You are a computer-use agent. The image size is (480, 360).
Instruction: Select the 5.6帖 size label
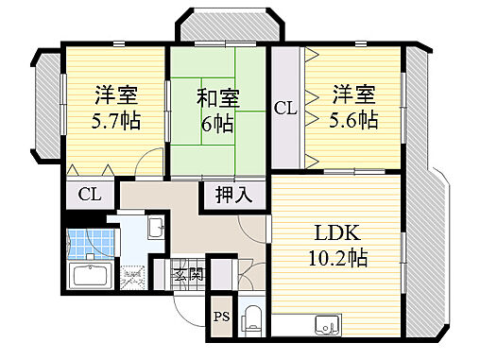coord(353,120)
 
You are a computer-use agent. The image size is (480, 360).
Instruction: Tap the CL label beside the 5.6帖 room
coord(285,110)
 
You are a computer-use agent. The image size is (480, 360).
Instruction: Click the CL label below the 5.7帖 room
coord(90,197)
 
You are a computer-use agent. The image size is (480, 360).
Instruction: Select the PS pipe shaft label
coord(220,317)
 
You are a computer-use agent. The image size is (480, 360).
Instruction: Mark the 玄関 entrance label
coord(188,276)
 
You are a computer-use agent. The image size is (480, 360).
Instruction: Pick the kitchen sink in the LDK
coord(327,327)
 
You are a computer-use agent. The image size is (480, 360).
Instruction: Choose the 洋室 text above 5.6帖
coord(353,94)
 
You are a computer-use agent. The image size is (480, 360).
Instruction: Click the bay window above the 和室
coord(225,28)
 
